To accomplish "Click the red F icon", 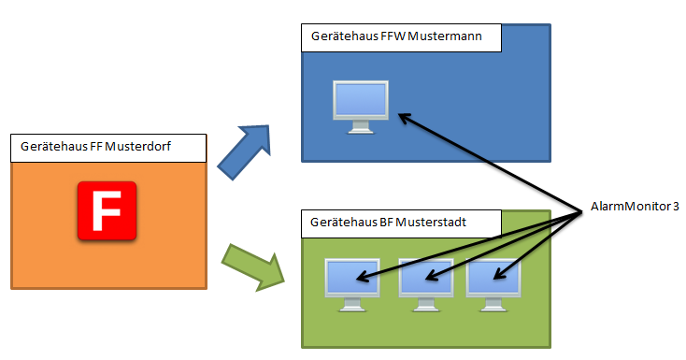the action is [x=107, y=210].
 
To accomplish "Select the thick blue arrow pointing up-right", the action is [x=244, y=152].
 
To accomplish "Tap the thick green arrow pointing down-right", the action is [x=253, y=267].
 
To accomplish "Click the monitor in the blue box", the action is [x=361, y=107].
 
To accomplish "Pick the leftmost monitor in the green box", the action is [x=352, y=285].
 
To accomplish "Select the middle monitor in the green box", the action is [x=426, y=285].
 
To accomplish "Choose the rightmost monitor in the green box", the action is [x=493, y=285].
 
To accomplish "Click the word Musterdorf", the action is [x=137, y=146].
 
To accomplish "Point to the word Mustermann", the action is [x=445, y=36].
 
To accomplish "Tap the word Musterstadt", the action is [x=431, y=222].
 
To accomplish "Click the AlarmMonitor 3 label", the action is [x=635, y=207].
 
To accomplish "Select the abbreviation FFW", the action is [x=393, y=36].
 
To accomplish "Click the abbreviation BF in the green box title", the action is [x=386, y=222].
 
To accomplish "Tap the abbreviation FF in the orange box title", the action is [x=96, y=146].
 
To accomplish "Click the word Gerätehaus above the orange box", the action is [x=54, y=146].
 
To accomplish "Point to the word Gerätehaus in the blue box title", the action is [x=344, y=36].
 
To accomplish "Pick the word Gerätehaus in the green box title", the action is [x=343, y=222].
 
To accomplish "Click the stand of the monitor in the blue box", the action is [x=361, y=127].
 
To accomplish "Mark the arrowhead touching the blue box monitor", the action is [x=405, y=118].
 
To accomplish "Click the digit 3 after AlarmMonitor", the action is [x=676, y=207].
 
